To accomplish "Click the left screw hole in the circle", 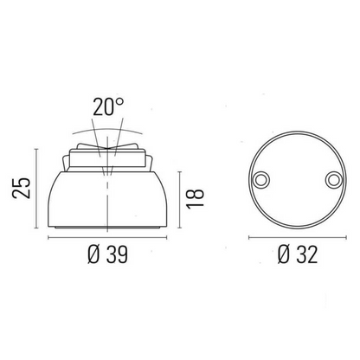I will (258, 178).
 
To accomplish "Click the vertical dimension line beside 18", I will (178, 197).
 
